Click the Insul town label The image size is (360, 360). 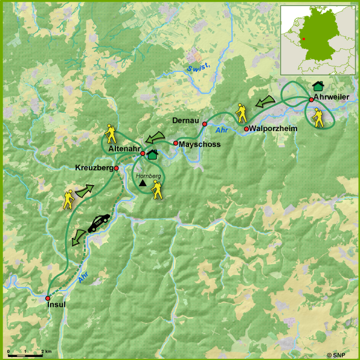[x=56, y=305]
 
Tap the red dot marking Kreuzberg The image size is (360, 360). [x=116, y=169]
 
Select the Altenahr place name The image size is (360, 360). [x=123, y=148]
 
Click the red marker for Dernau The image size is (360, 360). [x=205, y=123]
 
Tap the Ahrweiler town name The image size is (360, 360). [x=332, y=106]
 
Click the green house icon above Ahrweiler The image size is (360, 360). [x=318, y=88]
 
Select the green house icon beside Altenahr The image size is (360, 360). [x=152, y=155]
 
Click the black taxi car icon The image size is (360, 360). [x=98, y=222]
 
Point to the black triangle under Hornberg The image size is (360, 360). [x=143, y=182]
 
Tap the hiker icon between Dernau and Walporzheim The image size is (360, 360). [x=242, y=113]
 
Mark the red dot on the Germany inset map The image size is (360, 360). [x=304, y=39]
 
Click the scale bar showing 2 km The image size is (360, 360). [x=25, y=353]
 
